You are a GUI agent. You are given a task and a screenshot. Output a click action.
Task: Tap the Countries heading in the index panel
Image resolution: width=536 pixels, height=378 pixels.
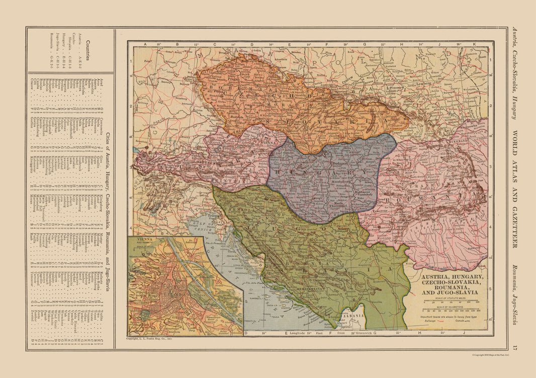(88, 50)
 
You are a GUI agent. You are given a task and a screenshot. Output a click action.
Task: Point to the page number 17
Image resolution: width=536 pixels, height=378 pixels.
(514, 347)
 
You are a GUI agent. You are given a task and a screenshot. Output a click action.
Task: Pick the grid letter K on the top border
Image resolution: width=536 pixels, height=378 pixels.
(473, 44)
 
